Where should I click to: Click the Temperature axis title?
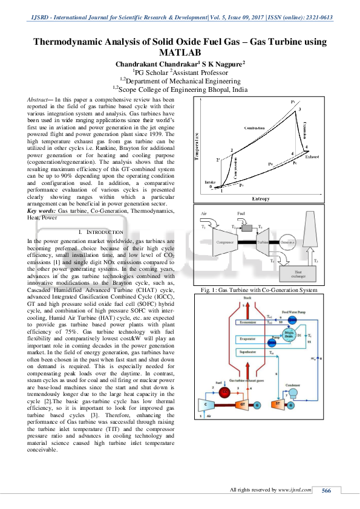(x=197, y=149)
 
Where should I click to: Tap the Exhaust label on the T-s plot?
(x=312, y=157)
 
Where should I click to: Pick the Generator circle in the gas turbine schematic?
(x=287, y=242)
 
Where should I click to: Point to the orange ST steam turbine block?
(x=278, y=404)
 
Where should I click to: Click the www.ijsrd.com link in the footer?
(x=295, y=490)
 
